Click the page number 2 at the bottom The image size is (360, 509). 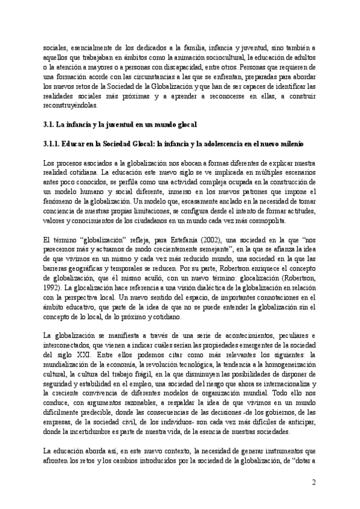pyautogui.click(x=313, y=483)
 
